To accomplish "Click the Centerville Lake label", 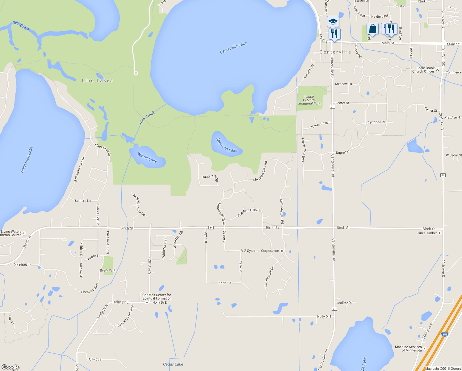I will (x=233, y=48).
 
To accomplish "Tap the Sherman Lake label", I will (x=227, y=145).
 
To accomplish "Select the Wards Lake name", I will (x=147, y=158).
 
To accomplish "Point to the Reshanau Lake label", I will (x=27, y=160).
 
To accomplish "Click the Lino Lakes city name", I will (x=97, y=80).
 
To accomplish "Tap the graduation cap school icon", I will (x=333, y=22).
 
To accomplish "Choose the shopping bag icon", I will (x=372, y=29).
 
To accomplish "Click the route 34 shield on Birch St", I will (x=211, y=228).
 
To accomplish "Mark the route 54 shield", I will (x=443, y=175).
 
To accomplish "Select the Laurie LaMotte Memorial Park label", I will (x=309, y=100).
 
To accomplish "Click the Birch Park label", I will (x=107, y=271).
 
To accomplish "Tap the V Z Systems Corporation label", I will (x=260, y=251).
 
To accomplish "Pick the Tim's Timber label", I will (x=427, y=233).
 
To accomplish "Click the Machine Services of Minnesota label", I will (x=408, y=348).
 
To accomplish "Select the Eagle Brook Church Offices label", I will (x=423, y=70).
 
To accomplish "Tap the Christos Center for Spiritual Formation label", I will (x=157, y=297).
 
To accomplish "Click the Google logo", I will (x=10, y=367).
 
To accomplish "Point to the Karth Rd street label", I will (x=225, y=283).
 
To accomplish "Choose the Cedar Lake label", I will (x=173, y=364).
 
